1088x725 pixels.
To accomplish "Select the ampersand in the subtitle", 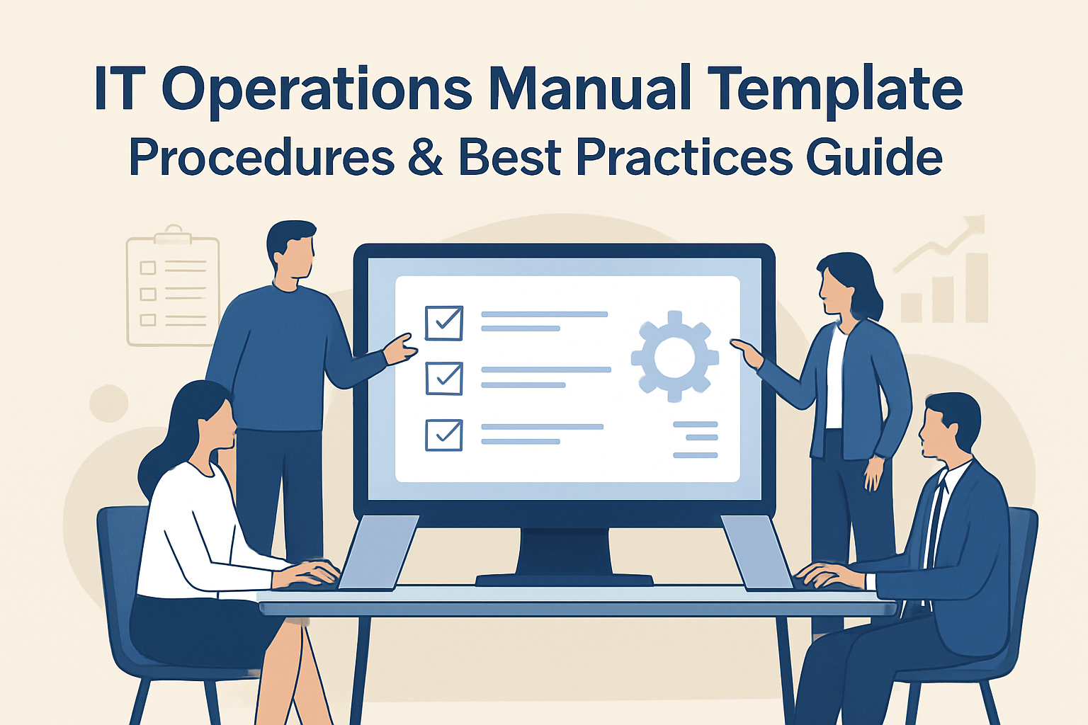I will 425,157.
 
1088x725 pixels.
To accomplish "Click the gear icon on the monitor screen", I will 674,356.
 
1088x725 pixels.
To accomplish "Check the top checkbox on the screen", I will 444,323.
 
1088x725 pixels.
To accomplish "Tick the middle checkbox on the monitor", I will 444,378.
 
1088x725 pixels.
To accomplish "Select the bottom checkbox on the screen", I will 444,435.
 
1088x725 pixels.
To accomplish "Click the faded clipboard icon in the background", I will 173,287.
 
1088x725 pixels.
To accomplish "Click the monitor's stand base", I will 564,580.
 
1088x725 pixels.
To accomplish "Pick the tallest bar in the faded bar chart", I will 977,287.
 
